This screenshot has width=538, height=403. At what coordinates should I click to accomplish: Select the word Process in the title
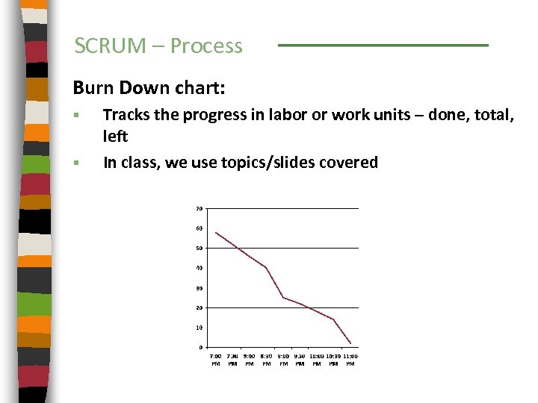click(206, 46)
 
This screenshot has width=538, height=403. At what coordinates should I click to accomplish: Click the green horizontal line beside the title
click(383, 46)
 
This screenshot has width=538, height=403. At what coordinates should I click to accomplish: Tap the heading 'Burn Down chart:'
click(149, 87)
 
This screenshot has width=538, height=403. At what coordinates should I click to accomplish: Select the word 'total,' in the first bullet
click(493, 114)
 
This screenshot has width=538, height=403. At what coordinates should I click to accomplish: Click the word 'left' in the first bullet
click(115, 137)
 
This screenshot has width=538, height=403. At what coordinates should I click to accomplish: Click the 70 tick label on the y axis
click(200, 208)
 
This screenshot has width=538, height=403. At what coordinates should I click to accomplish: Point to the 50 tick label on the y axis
click(200, 248)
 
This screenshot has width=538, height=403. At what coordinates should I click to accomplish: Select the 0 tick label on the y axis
click(200, 348)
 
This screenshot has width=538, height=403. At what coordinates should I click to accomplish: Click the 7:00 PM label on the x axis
click(215, 360)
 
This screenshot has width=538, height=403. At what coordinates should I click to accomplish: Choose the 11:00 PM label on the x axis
click(350, 360)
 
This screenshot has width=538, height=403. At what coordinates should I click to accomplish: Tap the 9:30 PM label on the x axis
click(300, 360)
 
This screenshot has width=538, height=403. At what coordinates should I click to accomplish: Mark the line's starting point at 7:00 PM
click(215, 233)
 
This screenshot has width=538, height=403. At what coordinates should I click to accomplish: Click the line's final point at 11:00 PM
click(350, 343)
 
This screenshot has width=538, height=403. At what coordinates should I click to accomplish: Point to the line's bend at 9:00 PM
click(283, 297)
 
